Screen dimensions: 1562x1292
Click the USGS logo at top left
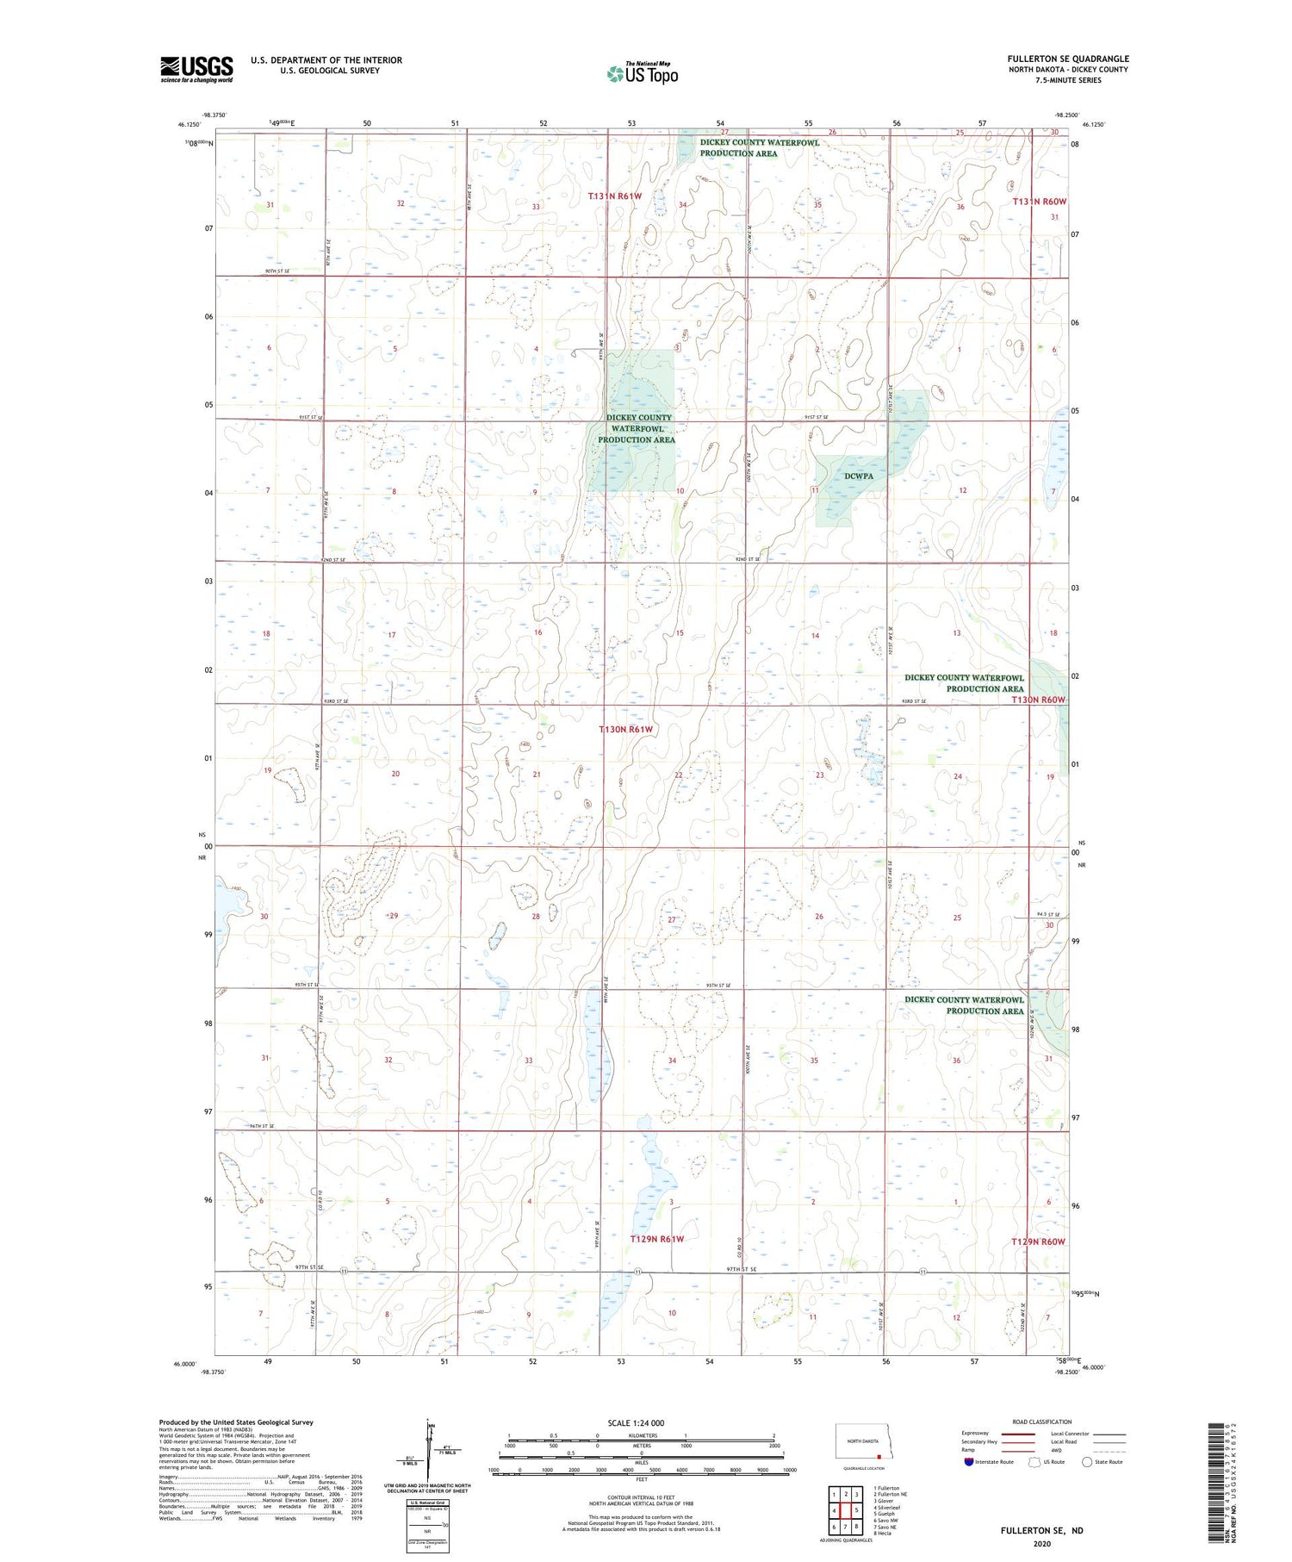click(x=196, y=69)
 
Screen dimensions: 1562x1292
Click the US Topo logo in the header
click(x=643, y=74)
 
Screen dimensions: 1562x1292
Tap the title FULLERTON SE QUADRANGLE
click(x=1068, y=59)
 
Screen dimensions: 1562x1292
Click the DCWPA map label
click(x=858, y=476)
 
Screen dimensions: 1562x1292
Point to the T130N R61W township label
click(x=626, y=730)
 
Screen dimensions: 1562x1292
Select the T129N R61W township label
click(x=657, y=1239)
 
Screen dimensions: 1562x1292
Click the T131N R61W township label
click(x=615, y=196)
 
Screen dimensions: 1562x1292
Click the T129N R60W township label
click(x=1038, y=1242)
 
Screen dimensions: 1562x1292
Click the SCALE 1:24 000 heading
click(x=641, y=1422)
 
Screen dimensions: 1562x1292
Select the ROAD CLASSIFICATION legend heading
click(x=1042, y=1422)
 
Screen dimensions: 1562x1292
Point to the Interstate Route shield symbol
click(x=969, y=1461)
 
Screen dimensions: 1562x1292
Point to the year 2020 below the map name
click(x=1041, y=1543)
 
